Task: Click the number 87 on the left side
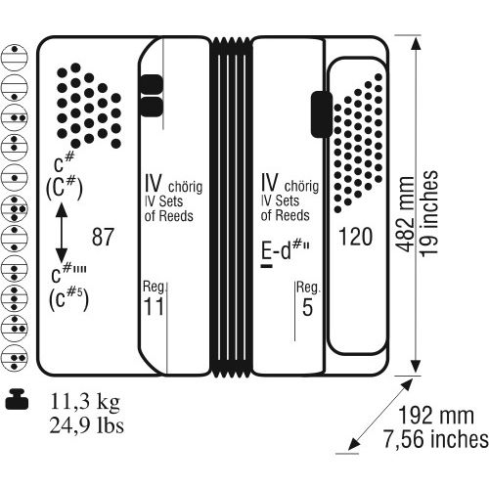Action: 103,237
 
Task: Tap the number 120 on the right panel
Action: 355,237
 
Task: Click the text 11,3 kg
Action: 85,401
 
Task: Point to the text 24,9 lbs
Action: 87,425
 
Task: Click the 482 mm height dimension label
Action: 405,214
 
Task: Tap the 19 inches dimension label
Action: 428,213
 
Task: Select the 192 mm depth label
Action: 436,416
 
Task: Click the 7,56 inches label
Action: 436,439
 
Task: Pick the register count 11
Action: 154,306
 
